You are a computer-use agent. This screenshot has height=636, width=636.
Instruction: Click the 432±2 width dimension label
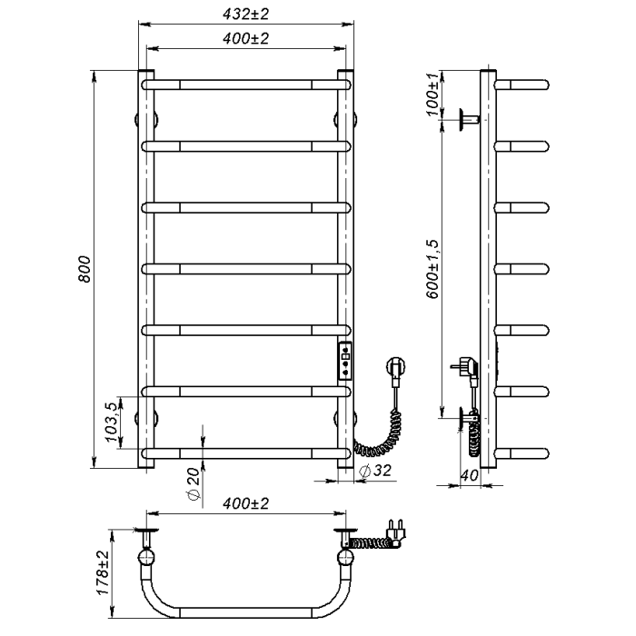[246, 15]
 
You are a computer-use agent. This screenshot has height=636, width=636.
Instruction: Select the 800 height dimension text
[84, 269]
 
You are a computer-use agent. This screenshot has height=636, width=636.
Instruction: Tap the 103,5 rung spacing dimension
[111, 422]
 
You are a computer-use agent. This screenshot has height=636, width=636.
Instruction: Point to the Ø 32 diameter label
[376, 471]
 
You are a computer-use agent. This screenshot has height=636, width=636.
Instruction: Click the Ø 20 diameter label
[194, 484]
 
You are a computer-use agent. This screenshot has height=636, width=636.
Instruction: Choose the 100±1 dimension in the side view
[432, 94]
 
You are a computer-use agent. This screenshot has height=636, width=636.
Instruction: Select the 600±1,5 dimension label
[432, 269]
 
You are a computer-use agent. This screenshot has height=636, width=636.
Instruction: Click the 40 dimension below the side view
[470, 475]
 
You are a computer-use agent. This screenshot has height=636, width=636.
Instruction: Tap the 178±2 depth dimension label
[103, 572]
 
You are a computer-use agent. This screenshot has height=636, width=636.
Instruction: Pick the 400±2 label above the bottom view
[246, 503]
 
